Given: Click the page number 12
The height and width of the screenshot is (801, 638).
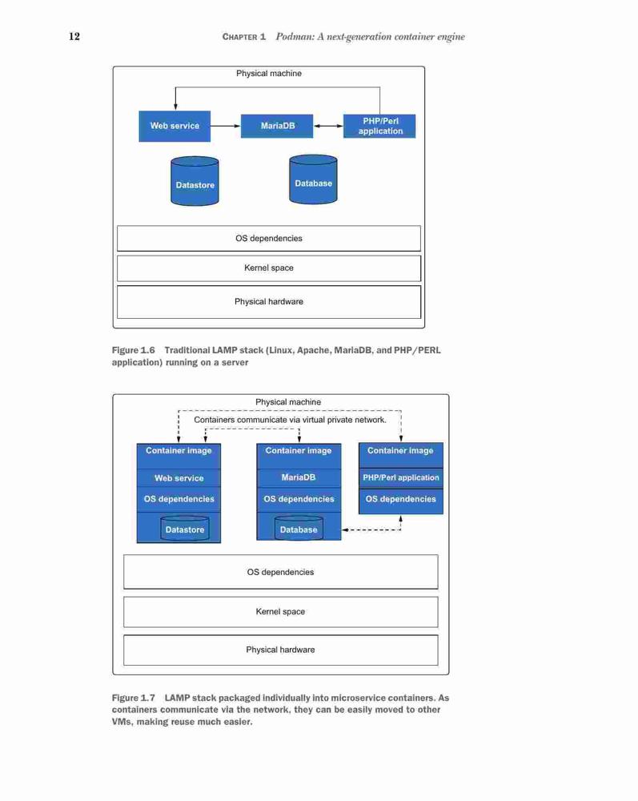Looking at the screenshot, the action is [74, 36].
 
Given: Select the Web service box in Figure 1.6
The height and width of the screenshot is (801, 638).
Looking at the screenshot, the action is [175, 127].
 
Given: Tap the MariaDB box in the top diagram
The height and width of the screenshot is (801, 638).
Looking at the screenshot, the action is [277, 127].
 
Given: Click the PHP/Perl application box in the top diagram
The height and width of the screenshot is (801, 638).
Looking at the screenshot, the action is [379, 127].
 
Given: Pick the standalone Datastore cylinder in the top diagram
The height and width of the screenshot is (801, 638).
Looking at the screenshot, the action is [195, 181].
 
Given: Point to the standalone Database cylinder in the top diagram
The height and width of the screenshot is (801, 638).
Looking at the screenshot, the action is [313, 179].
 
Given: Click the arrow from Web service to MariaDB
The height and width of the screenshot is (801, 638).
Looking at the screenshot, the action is [225, 126].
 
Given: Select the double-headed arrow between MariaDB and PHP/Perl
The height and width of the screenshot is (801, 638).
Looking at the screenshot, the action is [328, 126].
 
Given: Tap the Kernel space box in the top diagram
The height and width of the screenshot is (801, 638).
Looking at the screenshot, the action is [269, 268].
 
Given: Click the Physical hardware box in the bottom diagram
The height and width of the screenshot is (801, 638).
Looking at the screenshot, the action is [281, 650].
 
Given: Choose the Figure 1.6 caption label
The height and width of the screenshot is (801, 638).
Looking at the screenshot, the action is [133, 351].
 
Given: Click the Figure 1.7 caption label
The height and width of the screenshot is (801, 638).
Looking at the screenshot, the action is [133, 698].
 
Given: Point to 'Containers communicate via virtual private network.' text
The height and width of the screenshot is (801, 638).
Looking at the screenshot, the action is [290, 420].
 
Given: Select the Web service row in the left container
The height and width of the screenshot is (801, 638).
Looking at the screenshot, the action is [179, 478].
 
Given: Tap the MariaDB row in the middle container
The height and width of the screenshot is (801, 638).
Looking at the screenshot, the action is [299, 477].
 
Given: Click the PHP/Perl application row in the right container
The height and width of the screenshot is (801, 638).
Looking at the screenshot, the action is [401, 477].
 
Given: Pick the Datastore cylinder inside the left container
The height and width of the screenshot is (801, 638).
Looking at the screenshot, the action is [185, 529].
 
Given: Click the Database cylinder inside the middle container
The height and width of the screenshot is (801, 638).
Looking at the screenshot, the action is [299, 528].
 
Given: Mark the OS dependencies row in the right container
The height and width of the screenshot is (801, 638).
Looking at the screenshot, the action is [401, 500].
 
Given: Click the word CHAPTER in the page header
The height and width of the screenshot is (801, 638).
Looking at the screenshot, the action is [240, 37].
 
